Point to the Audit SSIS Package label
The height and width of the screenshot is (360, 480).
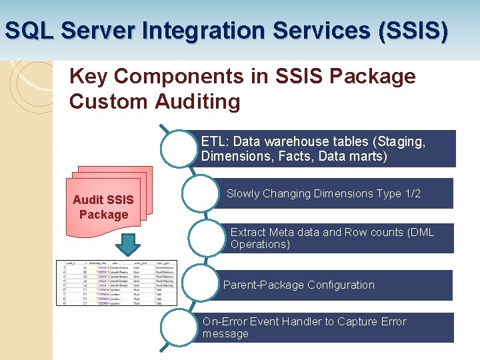(x=103, y=207)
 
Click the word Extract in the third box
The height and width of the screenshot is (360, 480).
(x=247, y=232)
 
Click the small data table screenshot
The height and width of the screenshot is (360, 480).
(x=117, y=282)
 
